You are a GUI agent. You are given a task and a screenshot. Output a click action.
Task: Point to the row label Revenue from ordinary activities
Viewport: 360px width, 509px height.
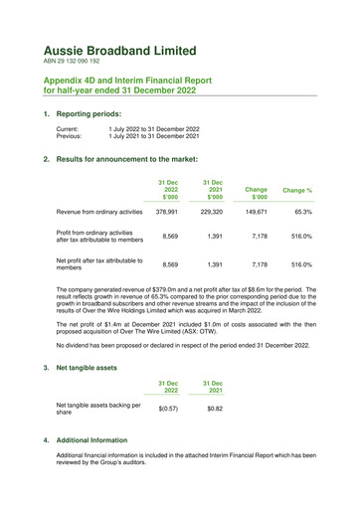[x=108, y=211]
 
